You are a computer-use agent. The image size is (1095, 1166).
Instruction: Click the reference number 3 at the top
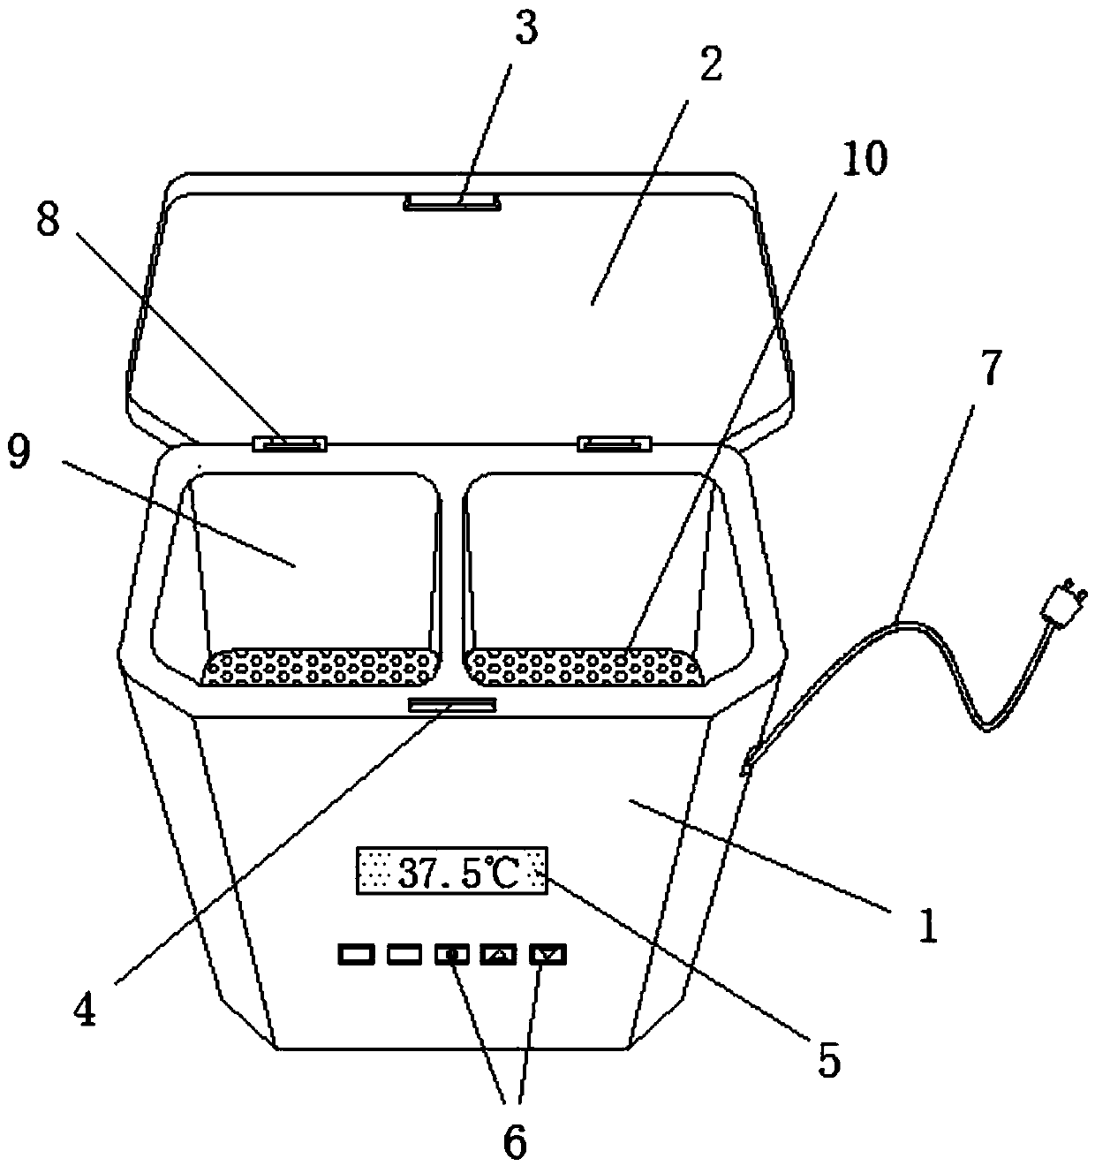pos(526,30)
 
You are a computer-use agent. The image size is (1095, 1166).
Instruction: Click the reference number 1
pos(926,927)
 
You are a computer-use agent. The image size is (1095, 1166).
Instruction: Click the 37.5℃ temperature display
pos(451,872)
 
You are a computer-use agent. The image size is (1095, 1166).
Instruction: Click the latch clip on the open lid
pos(453,203)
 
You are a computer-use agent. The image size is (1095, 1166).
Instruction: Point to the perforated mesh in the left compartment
pos(321,667)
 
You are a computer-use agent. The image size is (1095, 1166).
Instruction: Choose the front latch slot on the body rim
pos(452,704)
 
